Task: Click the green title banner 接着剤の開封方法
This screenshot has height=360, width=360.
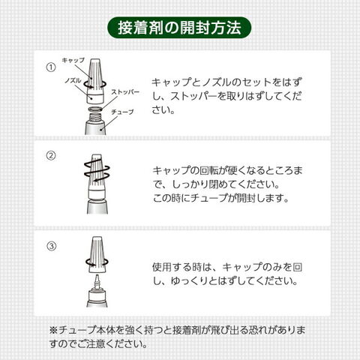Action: [x=179, y=28]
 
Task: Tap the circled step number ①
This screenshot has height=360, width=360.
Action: [x=51, y=67]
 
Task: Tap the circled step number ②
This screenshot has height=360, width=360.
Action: [x=51, y=156]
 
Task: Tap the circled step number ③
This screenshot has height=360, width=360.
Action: [x=52, y=246]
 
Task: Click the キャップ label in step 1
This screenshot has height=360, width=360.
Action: [x=73, y=60]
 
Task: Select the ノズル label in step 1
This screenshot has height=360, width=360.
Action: [x=73, y=80]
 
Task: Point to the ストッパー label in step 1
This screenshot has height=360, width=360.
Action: [x=125, y=92]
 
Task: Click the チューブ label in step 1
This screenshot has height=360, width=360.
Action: [x=122, y=112]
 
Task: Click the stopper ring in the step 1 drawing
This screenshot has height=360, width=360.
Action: [x=96, y=109]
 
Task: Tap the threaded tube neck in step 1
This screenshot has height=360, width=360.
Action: [x=96, y=117]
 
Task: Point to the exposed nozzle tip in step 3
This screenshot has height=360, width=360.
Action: [x=97, y=281]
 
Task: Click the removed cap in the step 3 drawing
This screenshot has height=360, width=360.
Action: [x=97, y=254]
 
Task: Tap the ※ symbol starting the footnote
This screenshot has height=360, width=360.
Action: [x=53, y=331]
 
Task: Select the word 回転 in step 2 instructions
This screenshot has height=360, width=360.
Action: [x=209, y=171]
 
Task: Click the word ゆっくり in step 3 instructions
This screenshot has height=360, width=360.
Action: [x=190, y=281]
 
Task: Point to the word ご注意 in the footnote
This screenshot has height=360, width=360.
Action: [x=91, y=344]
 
